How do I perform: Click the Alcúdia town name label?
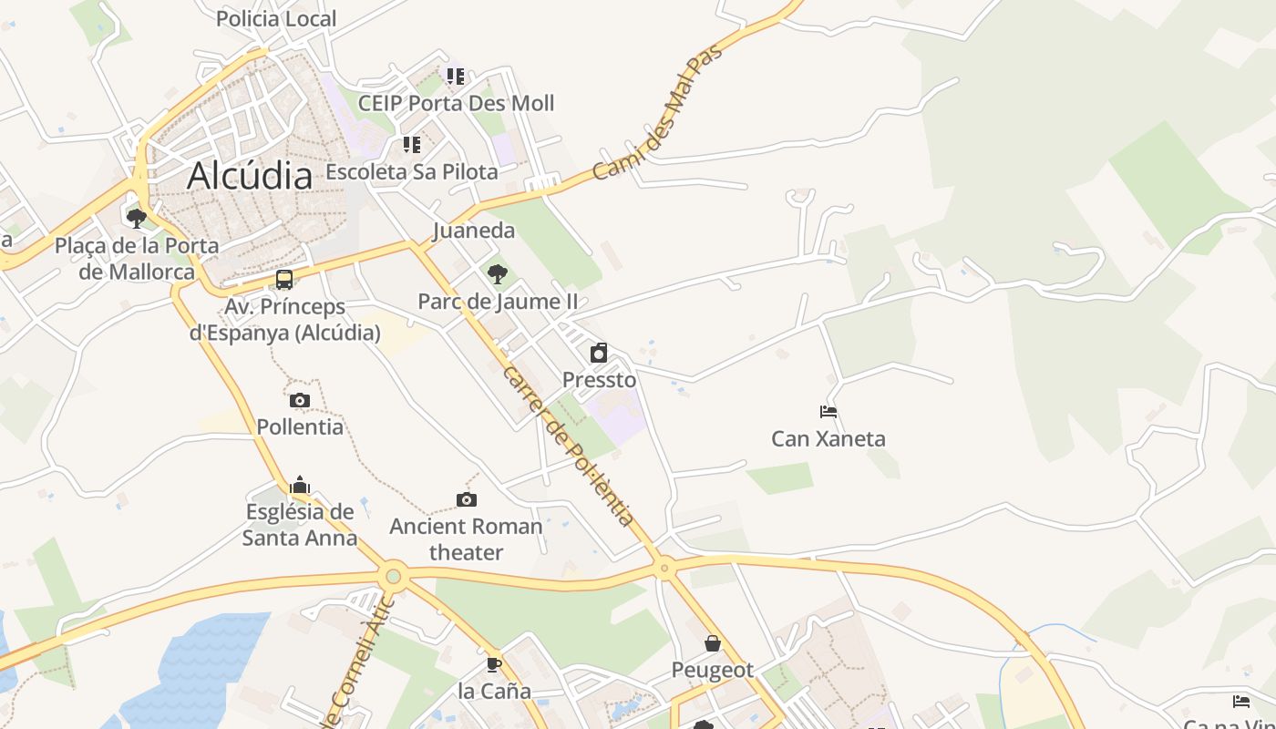[250, 176]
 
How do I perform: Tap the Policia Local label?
[276, 18]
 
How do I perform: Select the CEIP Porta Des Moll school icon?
[456, 77]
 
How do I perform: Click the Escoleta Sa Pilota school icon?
[412, 145]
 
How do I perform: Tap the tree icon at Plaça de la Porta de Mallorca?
[137, 218]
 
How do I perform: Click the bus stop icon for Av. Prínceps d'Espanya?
[284, 280]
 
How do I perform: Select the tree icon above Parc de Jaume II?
[498, 272]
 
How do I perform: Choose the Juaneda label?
[474, 231]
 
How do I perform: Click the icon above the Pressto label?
[599, 353]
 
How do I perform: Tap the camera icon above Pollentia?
[300, 400]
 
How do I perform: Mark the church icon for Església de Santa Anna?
[300, 485]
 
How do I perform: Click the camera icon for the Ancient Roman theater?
[467, 499]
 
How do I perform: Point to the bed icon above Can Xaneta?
[828, 412]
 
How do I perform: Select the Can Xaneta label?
[828, 438]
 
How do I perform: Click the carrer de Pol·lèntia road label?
[567, 446]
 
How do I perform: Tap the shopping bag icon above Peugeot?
[713, 643]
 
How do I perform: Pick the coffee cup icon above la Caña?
[494, 664]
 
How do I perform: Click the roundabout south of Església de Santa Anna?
[394, 575]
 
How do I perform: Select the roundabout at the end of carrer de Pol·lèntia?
[664, 568]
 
